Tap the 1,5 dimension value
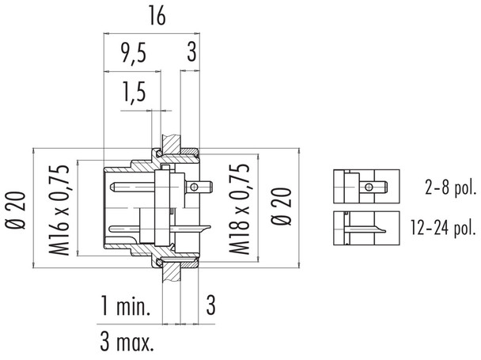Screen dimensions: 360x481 tap(136, 94)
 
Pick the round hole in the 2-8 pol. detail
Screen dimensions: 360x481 tap(369, 188)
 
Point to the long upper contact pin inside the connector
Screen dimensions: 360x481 tap(134, 188)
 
